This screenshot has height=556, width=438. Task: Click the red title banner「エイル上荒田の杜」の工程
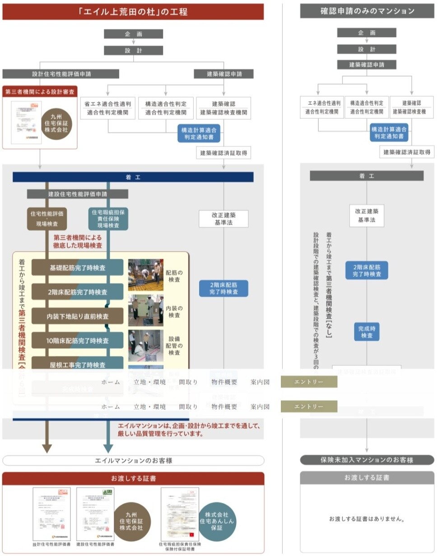(133, 12)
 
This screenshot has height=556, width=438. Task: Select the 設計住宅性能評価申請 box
(61, 74)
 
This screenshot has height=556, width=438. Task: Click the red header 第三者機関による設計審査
(40, 92)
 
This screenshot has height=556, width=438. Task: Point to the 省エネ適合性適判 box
(107, 108)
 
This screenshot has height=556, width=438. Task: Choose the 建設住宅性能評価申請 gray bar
(77, 194)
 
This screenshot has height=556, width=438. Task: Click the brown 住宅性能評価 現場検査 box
(47, 218)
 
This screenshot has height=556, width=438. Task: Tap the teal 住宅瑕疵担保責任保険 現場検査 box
(108, 218)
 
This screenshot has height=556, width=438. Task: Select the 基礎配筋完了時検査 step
(77, 267)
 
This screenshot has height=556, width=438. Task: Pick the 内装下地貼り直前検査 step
(77, 316)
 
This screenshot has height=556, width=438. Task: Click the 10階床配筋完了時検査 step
(77, 340)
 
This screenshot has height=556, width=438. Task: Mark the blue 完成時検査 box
(366, 331)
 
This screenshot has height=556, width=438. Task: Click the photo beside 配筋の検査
(145, 275)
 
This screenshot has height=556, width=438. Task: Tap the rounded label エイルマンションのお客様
(133, 461)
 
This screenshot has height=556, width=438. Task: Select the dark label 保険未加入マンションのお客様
(367, 460)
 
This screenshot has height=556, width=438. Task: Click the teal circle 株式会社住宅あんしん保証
(217, 521)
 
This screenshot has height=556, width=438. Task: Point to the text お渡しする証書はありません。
(367, 519)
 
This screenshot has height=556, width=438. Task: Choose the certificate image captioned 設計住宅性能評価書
(51, 514)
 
